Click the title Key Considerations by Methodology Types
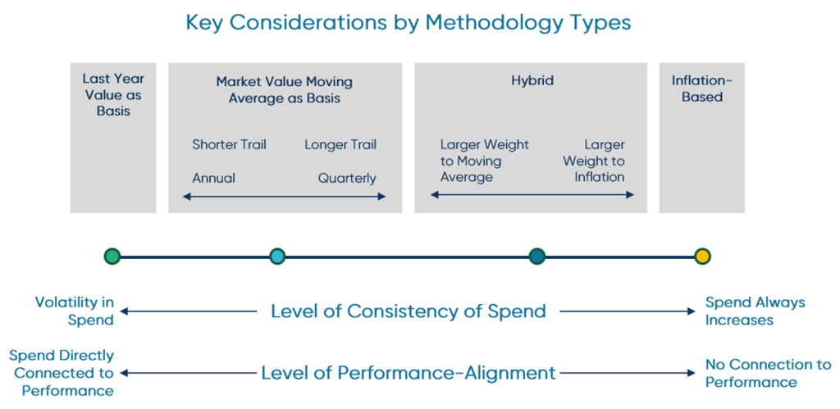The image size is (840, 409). tap(408, 22)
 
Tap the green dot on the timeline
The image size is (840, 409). tap(112, 257)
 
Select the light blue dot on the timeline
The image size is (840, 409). tap(277, 257)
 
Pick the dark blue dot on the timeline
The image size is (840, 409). tap(537, 257)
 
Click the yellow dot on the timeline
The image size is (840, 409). tap(701, 257)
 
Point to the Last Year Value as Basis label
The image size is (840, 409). tap(113, 94)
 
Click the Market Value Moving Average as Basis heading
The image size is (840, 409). tap(285, 89)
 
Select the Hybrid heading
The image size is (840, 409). tap(532, 80)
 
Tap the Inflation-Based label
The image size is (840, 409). tap(701, 89)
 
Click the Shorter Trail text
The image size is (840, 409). tap(229, 145)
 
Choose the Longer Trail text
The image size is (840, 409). tap(340, 145)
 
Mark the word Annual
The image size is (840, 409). tap(213, 178)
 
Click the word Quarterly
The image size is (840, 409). tap(347, 178)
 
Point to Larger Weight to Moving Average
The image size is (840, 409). tap(484, 161)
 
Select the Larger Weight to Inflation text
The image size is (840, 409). tap(594, 161)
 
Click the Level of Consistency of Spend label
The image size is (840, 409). tap(408, 311)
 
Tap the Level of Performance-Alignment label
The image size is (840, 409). tap(408, 373)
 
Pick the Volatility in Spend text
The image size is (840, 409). tap(75, 311)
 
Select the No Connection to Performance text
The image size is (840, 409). tap(768, 373)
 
